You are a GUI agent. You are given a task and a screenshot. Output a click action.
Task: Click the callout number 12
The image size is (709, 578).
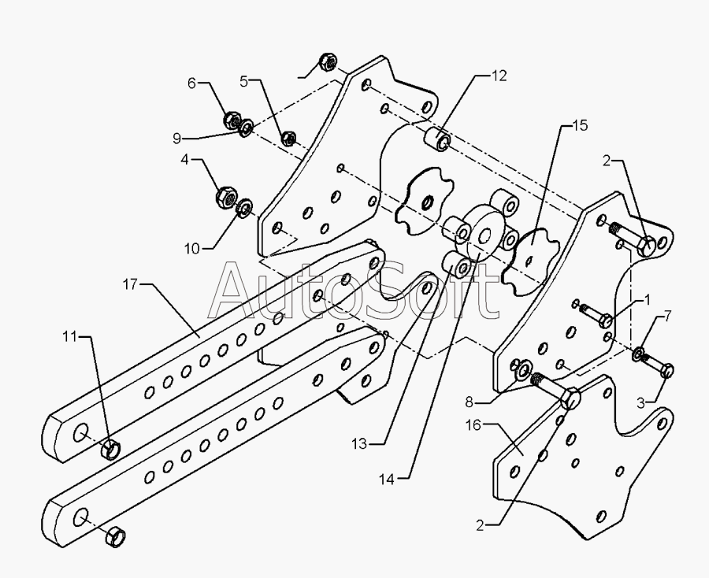coord(499,76)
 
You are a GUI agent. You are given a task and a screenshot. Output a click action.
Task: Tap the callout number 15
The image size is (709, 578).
coord(580,126)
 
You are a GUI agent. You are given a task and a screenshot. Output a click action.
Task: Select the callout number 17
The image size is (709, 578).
coord(130,285)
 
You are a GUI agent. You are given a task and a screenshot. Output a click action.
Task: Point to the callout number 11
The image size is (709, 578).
coord(70,336)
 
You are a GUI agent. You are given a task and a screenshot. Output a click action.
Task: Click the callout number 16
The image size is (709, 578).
coord(473,425)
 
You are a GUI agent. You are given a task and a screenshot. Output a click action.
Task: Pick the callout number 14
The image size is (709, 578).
coord(387,480)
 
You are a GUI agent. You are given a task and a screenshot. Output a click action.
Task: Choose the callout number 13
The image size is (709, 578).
coord(359,444)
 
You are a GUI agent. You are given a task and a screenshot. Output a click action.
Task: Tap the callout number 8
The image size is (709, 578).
coord(469,402)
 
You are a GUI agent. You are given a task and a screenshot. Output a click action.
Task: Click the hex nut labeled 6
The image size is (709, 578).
coord(233,120)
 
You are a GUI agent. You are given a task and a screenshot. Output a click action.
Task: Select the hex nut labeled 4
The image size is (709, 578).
coord(227,195)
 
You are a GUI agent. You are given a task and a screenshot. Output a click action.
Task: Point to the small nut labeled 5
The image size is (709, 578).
coord(288,138)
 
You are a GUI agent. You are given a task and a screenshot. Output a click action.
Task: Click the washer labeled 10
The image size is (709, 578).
coord(245,208)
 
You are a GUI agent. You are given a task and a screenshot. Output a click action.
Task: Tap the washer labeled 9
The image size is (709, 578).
coord(247,128)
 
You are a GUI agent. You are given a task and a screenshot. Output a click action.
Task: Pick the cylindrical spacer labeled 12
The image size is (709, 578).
coord(436,138)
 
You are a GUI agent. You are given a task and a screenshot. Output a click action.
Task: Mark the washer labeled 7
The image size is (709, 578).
coord(639,354)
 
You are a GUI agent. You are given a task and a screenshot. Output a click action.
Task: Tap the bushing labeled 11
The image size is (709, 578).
coord(111,449)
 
